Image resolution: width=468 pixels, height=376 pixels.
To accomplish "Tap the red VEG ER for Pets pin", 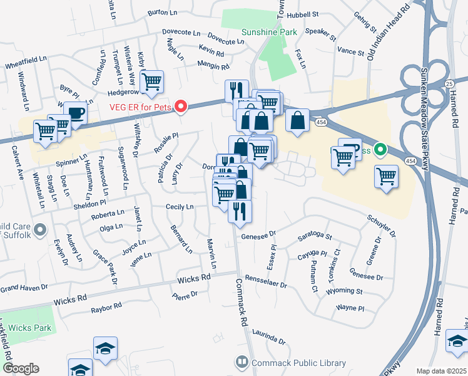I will pyautogui.click(x=181, y=107).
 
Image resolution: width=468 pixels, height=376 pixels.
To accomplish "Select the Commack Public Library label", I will pyautogui.click(x=298, y=363).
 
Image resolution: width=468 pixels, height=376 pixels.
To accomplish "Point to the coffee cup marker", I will pyautogui.click(x=75, y=114).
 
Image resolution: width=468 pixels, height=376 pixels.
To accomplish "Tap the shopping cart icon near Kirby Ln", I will pyautogui.click(x=151, y=81).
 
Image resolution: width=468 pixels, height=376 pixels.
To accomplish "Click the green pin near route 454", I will pyautogui.click(x=380, y=150).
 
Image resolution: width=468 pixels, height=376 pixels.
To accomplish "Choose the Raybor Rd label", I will pyautogui.click(x=106, y=308).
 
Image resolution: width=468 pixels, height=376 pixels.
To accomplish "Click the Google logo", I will pyautogui.click(x=21, y=368).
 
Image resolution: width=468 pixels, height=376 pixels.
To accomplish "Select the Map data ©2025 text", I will pyautogui.click(x=442, y=371).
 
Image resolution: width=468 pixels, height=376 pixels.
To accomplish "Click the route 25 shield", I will pyautogui.click(x=449, y=83).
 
